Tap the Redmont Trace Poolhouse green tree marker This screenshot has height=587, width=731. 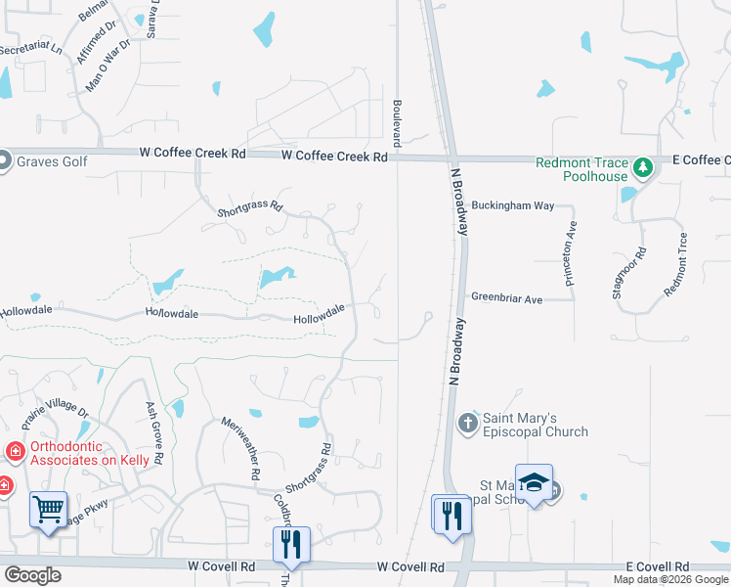point(642,169)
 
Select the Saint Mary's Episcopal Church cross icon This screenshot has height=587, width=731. point(467,423)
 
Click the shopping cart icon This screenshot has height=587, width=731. point(48,510)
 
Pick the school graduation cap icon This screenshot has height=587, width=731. point(534,483)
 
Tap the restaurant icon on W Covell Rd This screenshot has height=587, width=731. point(291,545)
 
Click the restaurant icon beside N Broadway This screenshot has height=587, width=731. point(451,514)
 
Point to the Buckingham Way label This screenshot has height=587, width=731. point(513,206)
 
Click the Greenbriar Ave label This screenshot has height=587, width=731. point(506,298)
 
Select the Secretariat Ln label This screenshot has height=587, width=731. point(30,48)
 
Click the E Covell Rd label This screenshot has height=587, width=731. point(658,566)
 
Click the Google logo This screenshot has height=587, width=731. point(31,574)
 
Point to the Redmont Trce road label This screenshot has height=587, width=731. point(676,264)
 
